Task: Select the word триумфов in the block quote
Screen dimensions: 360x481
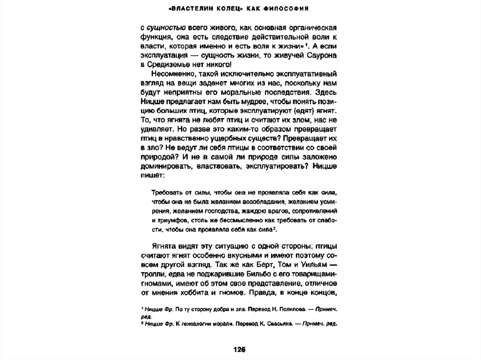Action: (x=171, y=221)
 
